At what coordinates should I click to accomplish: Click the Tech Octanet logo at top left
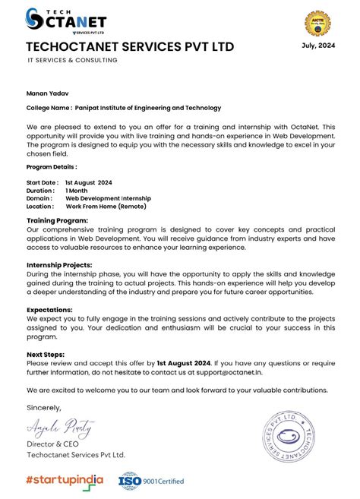[x=66, y=21]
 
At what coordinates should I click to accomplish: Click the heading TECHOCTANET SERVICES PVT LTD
[x=130, y=48]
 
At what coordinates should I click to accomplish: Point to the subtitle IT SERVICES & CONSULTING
[x=72, y=61]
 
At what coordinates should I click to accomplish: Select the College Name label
[x=50, y=109]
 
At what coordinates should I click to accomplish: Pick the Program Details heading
[x=52, y=166]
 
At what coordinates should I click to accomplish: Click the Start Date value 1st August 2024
[x=89, y=183]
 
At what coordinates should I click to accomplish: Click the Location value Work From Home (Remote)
[x=106, y=206]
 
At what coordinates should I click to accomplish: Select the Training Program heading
[x=57, y=220]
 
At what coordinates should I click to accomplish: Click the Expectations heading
[x=50, y=310]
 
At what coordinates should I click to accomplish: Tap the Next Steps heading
[x=46, y=355]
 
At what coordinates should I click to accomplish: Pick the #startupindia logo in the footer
[x=67, y=479]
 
